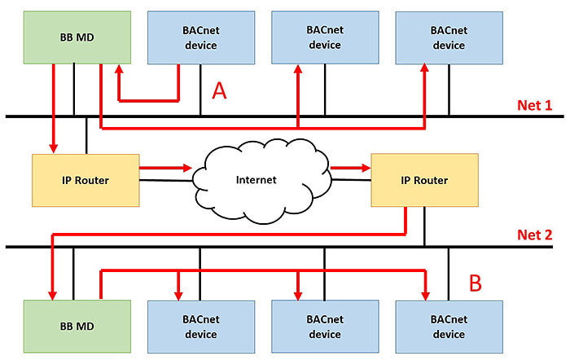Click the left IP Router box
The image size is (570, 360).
tap(85, 179)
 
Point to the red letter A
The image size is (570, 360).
tap(218, 90)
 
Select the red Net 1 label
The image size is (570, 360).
tap(534, 105)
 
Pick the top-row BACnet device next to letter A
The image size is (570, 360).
tap(201, 37)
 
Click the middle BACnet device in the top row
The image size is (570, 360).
tap(325, 37)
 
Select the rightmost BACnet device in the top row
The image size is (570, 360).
tap(448, 37)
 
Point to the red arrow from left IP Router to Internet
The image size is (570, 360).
tap(168, 169)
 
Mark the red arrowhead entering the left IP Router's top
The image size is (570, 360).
tap(54, 148)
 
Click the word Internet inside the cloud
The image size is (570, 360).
tap(257, 179)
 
